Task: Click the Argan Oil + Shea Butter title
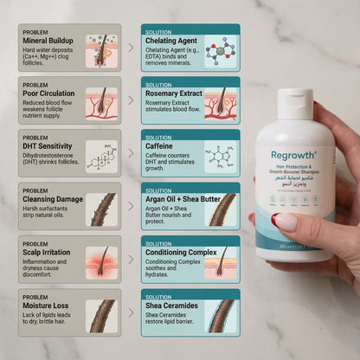[x=184, y=199]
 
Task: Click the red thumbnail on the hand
[x=285, y=222]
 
